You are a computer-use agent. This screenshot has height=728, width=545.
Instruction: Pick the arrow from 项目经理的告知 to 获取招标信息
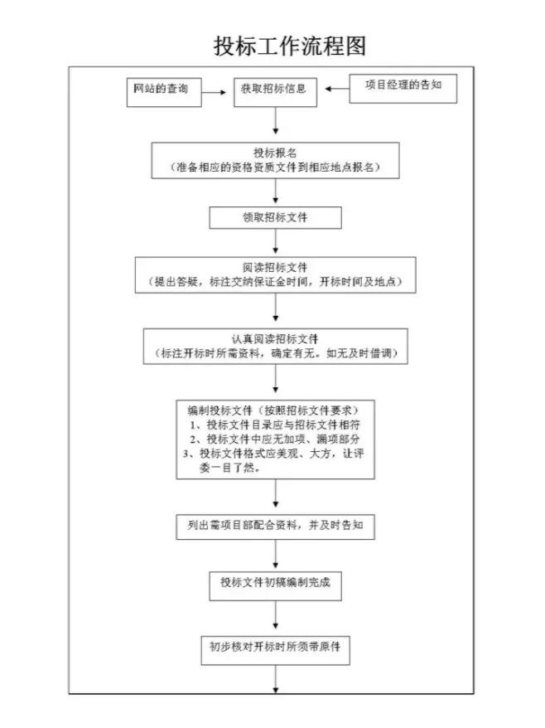(334, 88)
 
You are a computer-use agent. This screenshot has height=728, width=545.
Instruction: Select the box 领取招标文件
(275, 217)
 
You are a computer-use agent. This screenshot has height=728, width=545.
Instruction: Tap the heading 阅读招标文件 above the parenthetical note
(276, 268)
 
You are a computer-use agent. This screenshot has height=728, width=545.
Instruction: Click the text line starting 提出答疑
(276, 282)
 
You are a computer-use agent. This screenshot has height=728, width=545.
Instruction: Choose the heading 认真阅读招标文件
(276, 338)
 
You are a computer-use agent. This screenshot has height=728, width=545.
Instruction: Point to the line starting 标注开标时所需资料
(276, 353)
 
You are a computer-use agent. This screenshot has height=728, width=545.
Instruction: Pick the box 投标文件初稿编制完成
(276, 582)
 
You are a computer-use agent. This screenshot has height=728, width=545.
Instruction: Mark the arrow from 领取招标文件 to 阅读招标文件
(276, 243)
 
